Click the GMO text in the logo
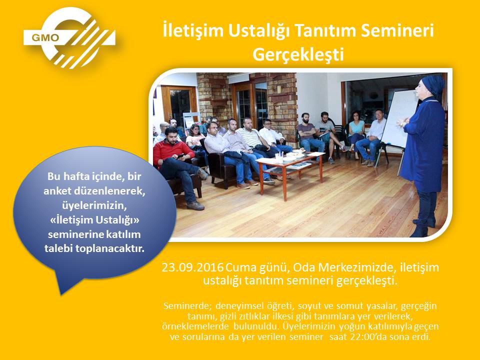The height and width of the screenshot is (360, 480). [45, 37]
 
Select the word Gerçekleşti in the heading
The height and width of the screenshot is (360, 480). [298, 55]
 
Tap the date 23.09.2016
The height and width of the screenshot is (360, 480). [192, 267]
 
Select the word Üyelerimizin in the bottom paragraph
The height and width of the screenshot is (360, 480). [309, 326]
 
